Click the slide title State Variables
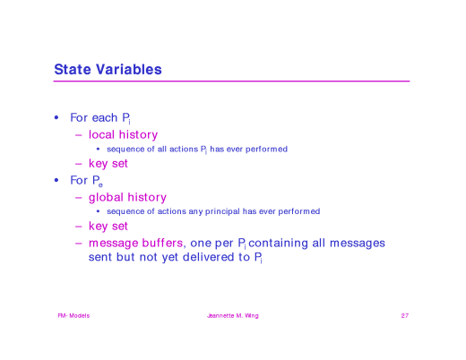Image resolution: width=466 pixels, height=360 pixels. (108, 69)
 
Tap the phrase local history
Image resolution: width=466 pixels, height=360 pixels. (123, 134)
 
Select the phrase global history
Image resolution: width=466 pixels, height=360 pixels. (127, 196)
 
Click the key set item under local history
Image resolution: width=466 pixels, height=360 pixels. (108, 164)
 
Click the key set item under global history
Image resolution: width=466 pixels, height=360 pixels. (108, 226)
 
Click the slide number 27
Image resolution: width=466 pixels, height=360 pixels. (405, 316)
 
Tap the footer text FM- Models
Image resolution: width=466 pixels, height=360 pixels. (73, 316)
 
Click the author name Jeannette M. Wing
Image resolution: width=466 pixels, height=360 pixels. (232, 316)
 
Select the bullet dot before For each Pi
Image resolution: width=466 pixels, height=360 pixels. (56, 118)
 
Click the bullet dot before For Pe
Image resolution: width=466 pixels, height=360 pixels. (56, 180)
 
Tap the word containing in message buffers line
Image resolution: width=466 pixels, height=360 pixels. (280, 243)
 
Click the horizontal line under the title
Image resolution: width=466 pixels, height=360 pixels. (231, 81)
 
